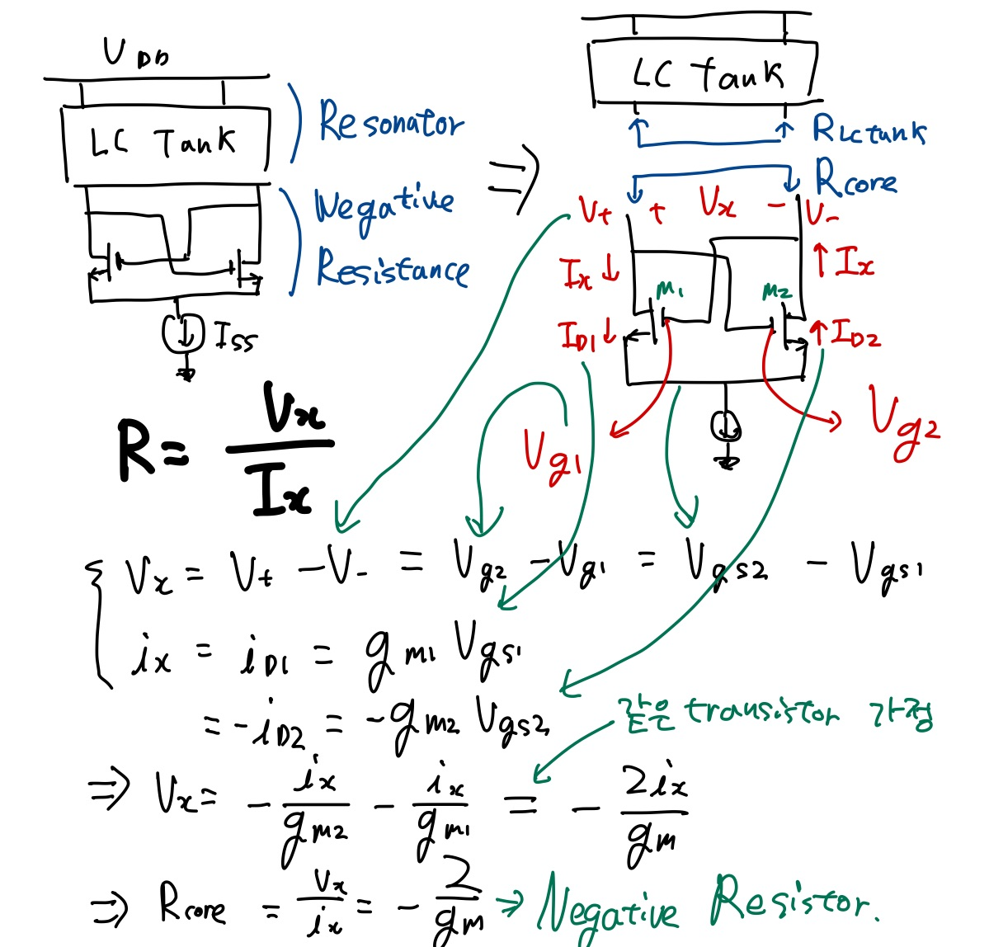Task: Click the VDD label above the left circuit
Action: (135, 54)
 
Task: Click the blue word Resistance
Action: (393, 268)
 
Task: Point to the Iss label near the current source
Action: (235, 337)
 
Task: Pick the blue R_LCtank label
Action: (868, 130)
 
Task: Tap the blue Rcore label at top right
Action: (855, 178)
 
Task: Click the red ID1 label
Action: (581, 335)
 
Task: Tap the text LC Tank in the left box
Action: (163, 143)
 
